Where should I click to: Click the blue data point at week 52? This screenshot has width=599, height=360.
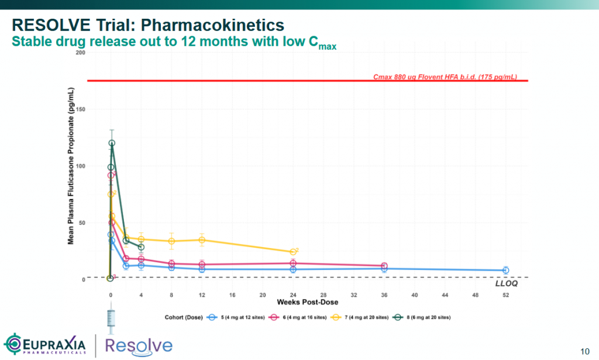click(x=505, y=270)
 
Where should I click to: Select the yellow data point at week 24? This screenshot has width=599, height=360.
click(x=293, y=252)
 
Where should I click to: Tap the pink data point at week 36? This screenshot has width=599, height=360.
click(x=384, y=266)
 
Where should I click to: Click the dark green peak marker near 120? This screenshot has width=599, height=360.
click(x=112, y=143)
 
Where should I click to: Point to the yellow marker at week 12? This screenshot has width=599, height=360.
click(x=202, y=240)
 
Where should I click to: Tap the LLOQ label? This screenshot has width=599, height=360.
click(x=507, y=283)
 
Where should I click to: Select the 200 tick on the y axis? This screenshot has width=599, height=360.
click(x=81, y=53)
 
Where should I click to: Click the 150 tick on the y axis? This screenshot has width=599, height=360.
click(x=81, y=109)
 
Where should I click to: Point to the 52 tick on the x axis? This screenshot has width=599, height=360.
click(x=505, y=296)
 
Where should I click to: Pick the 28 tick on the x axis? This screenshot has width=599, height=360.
click(x=323, y=296)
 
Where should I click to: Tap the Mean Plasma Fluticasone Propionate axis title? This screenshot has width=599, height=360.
click(x=71, y=166)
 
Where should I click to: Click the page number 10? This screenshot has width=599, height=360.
click(x=584, y=351)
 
